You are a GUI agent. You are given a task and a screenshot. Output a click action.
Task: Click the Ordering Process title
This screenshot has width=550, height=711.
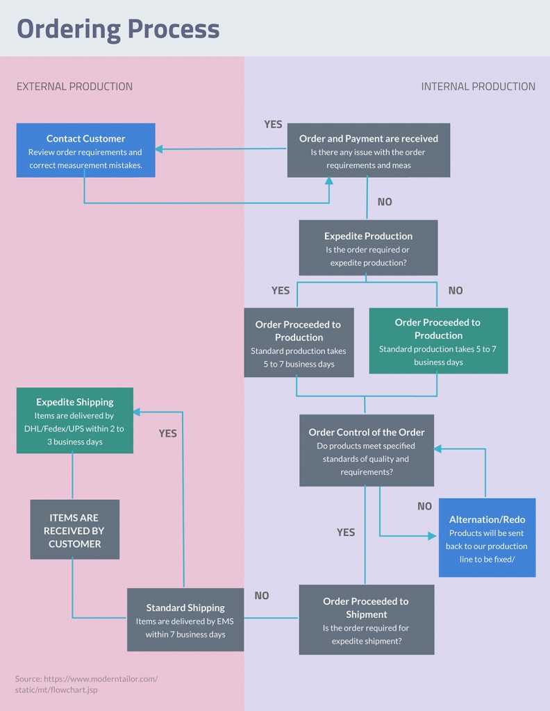(x=118, y=29)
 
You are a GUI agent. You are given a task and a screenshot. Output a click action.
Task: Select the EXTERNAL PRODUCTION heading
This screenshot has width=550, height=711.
(x=74, y=87)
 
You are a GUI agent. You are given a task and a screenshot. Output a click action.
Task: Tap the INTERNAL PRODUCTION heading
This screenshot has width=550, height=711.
(x=478, y=87)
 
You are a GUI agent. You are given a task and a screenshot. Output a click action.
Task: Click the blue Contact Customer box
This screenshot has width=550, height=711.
(x=85, y=150)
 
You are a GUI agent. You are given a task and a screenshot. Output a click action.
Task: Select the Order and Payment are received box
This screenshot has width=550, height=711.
(x=369, y=150)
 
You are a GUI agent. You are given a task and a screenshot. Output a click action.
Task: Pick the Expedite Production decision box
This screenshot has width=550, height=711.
(x=368, y=248)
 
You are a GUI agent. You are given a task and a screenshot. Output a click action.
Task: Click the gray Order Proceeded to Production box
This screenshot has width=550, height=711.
(x=299, y=343)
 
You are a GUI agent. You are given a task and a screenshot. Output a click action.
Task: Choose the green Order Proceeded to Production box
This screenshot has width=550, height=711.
(x=437, y=341)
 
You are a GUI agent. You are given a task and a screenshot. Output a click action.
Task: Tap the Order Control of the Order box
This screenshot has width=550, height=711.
(x=367, y=451)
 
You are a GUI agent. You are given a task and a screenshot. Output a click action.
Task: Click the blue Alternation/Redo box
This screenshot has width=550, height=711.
(x=487, y=537)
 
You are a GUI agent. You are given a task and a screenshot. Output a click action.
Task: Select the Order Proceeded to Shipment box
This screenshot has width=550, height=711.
(x=366, y=620)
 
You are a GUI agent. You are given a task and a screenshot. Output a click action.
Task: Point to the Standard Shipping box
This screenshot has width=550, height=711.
(x=185, y=620)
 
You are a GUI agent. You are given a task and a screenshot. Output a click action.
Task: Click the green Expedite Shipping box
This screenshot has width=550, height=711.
(x=75, y=421)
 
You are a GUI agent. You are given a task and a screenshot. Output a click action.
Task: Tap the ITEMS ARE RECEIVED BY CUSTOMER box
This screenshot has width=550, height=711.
(x=75, y=530)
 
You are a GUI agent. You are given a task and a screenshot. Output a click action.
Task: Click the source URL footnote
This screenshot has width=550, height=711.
(x=86, y=684)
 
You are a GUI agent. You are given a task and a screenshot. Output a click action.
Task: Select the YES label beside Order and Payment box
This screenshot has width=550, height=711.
(x=273, y=124)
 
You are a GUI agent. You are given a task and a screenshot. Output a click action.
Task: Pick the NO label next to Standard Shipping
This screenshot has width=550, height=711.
(x=261, y=596)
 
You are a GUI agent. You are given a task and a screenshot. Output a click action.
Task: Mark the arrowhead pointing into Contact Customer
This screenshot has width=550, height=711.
(x=160, y=149)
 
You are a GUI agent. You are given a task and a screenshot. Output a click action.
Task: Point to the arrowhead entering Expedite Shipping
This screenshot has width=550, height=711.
(x=137, y=412)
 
